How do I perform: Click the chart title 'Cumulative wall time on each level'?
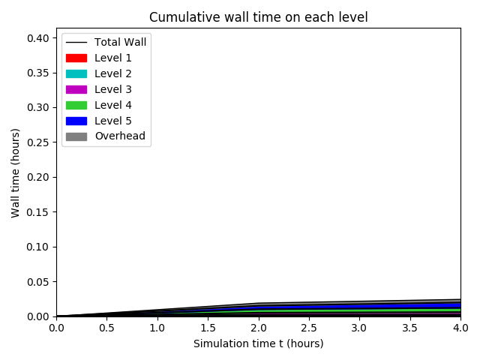tap(258, 17)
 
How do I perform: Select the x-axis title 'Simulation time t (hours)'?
tap(258, 343)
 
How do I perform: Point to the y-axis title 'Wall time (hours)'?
tap(16, 172)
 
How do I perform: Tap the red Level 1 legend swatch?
tap(76, 58)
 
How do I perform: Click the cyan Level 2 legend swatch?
tap(76, 73)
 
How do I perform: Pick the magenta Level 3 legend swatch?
tap(76, 89)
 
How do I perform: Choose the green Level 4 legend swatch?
tap(76, 105)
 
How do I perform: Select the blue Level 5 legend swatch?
tap(76, 121)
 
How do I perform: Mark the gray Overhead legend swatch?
tap(76, 136)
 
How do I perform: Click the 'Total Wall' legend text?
tap(125, 42)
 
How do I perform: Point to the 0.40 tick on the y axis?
tap(39, 38)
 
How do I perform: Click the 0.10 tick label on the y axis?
tap(39, 247)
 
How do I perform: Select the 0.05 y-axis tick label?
tap(39, 282)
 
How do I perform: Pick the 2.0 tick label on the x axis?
tap(258, 328)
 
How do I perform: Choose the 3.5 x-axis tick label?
tap(410, 328)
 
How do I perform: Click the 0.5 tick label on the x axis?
tap(106, 328)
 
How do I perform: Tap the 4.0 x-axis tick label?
tap(460, 328)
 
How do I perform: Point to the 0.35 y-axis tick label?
tap(39, 73)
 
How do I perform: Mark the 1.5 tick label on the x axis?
tap(208, 328)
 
